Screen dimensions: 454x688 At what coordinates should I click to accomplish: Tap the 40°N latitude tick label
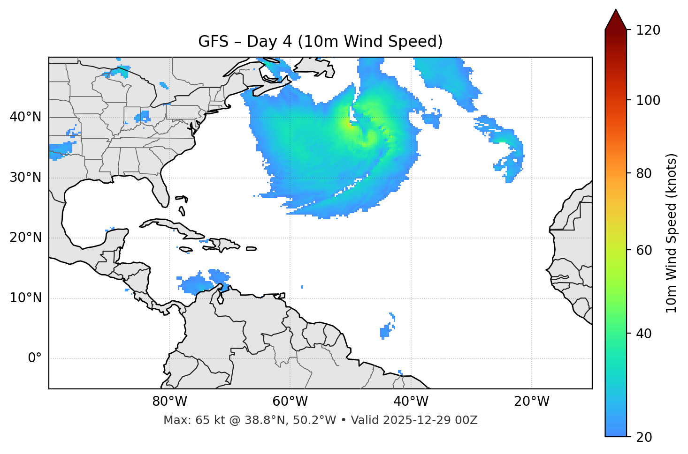pyautogui.click(x=25, y=117)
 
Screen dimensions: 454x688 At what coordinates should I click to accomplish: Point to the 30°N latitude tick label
pyautogui.click(x=25, y=178)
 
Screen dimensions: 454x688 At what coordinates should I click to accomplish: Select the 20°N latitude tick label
pyautogui.click(x=25, y=238)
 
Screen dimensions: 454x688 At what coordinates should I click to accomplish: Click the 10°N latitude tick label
pyautogui.click(x=25, y=298)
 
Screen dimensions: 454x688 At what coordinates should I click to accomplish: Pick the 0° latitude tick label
pyautogui.click(x=35, y=358)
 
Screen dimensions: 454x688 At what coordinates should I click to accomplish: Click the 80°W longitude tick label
pyautogui.click(x=169, y=402)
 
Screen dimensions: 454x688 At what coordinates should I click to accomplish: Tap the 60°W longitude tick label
pyautogui.click(x=290, y=402)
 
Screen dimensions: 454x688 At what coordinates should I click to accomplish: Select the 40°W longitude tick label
pyautogui.click(x=411, y=402)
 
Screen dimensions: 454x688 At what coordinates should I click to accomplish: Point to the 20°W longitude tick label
pyautogui.click(x=531, y=402)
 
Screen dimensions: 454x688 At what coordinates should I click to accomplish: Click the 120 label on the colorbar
pyautogui.click(x=648, y=30)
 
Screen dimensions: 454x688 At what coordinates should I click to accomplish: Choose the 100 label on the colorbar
pyautogui.click(x=648, y=100)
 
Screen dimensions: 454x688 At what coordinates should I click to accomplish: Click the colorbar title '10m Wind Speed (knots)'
pyautogui.click(x=672, y=233)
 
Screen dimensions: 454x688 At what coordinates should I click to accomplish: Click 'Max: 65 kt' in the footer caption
pyautogui.click(x=185, y=420)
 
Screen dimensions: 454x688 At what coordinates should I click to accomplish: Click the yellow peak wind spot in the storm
pyautogui.click(x=348, y=123)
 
